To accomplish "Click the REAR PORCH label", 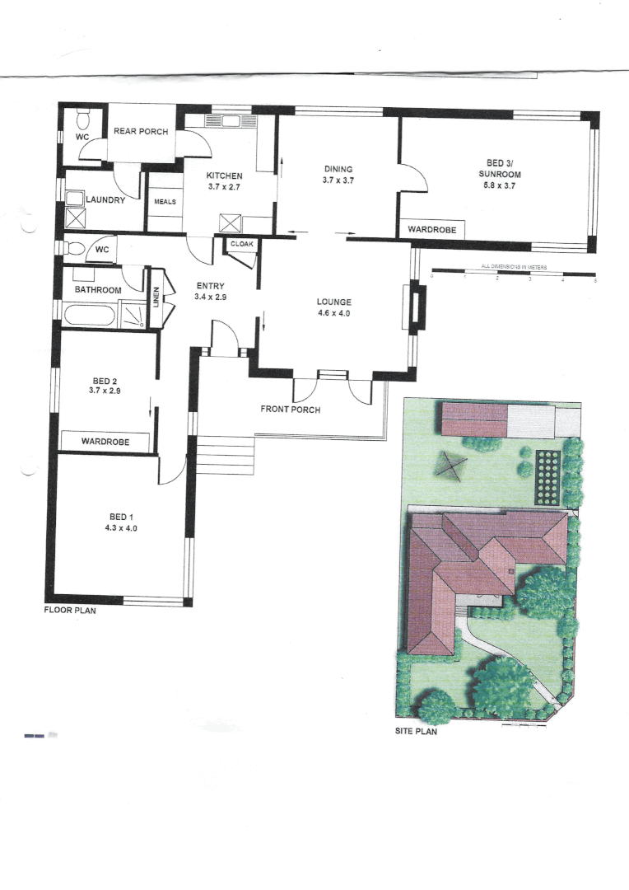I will click(x=141, y=132).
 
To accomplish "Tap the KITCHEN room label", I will click(x=224, y=176).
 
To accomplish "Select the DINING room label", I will click(x=338, y=169).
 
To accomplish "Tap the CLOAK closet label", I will click(x=241, y=245).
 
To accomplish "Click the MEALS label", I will click(x=165, y=201).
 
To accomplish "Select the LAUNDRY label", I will click(x=105, y=200).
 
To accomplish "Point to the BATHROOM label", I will click(x=99, y=290).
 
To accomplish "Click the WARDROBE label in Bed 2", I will click(x=107, y=442).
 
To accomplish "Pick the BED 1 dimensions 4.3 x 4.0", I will click(x=115, y=528).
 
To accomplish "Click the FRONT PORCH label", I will click(x=290, y=410).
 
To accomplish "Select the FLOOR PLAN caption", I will click(x=71, y=612).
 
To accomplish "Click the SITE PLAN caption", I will click(x=416, y=731).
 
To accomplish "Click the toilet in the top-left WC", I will click(x=82, y=116).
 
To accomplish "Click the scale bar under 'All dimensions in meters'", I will click(x=513, y=273).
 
